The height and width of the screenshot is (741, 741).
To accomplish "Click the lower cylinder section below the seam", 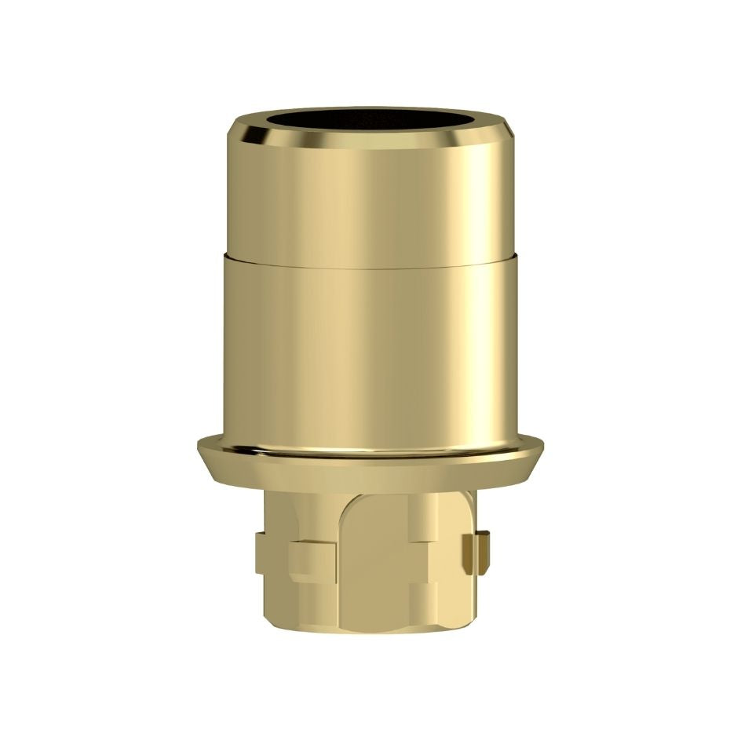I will [370, 353].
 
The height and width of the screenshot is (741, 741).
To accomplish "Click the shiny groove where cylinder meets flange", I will [370, 452].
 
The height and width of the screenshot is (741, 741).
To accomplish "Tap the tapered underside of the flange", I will [370, 475].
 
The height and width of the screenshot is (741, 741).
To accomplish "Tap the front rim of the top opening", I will [370, 148].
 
